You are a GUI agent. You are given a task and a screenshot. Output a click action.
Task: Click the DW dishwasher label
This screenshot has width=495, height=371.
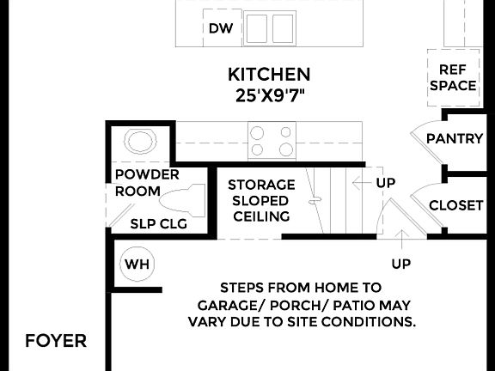coord(221,28)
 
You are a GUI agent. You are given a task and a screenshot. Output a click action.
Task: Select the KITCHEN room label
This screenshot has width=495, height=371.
coord(269,75)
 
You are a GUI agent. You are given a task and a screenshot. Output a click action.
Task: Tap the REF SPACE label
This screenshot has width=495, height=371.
coord(453,77)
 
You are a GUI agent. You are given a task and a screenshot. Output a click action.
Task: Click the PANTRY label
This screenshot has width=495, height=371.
coord(455,138)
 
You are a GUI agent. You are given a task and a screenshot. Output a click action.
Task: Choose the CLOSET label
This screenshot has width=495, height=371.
coord(455,205)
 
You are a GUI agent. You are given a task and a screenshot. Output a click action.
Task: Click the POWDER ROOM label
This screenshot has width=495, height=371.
coord(147,183)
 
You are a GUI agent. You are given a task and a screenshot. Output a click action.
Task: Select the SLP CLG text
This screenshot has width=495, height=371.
coord(159,224)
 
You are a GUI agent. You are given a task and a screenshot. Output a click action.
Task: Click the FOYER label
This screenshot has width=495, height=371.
coord(56,341)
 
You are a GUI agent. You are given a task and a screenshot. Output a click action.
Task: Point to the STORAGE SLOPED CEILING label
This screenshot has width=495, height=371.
coord(261,200)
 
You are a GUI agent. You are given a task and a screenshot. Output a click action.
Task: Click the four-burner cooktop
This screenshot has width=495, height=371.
coord(272,140)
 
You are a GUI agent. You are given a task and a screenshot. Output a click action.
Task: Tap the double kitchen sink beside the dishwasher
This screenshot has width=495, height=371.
coord(270,28)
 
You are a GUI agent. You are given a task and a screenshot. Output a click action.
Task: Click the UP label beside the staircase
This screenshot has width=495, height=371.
coord(386,183)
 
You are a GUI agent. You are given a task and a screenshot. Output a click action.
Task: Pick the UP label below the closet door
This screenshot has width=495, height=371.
coord(400,262)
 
